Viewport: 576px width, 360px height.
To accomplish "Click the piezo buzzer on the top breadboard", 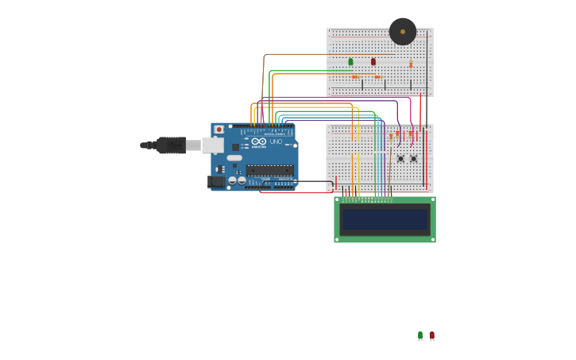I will point(403,32).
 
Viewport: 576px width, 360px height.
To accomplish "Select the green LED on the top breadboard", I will point(350,61).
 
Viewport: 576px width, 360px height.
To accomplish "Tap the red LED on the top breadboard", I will point(373,61).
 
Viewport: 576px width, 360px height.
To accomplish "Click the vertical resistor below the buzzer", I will point(411,64).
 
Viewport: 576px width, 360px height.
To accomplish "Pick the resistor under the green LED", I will point(355,77).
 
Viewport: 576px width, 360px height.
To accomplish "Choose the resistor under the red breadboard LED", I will point(378,77).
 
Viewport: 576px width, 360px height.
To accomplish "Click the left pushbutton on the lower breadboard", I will point(400,158).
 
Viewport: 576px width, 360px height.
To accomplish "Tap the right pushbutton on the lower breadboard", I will point(413,158).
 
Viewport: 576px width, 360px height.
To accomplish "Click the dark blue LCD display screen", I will point(385,219).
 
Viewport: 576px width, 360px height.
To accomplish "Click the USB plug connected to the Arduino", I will point(171,145).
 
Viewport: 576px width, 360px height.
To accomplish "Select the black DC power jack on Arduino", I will point(216,182).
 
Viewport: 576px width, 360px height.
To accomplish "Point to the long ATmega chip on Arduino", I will point(269,170).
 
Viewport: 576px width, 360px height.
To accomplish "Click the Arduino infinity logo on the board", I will point(259,142).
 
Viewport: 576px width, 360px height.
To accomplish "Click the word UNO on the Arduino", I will point(276,141).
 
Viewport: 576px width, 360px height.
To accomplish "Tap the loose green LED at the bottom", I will point(420,335).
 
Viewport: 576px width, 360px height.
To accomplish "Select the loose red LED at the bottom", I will point(431,335).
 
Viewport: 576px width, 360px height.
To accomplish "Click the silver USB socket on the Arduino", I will point(213,145).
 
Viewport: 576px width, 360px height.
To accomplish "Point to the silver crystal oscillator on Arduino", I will point(234,158).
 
